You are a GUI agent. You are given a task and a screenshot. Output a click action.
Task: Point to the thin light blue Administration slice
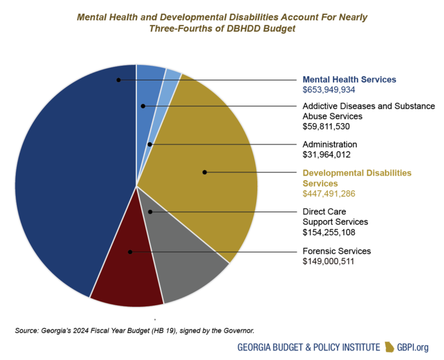(x=171, y=78)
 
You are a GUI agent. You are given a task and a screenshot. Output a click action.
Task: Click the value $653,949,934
(x=329, y=90)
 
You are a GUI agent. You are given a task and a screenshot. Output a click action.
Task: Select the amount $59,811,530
(x=327, y=126)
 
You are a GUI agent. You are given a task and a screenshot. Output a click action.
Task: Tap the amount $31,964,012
(x=327, y=154)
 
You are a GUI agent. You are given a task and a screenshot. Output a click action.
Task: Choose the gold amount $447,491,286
(x=329, y=193)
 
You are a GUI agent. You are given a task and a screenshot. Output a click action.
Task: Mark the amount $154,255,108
(x=329, y=232)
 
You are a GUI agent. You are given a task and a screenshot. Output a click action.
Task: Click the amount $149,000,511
(x=328, y=261)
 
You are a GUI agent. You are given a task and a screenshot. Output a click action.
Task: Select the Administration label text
(x=330, y=144)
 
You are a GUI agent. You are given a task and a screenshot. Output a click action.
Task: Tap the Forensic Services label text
(x=337, y=251)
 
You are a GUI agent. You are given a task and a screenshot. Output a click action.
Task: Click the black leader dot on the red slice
(x=130, y=252)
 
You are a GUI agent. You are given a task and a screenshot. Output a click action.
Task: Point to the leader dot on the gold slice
(x=204, y=172)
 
